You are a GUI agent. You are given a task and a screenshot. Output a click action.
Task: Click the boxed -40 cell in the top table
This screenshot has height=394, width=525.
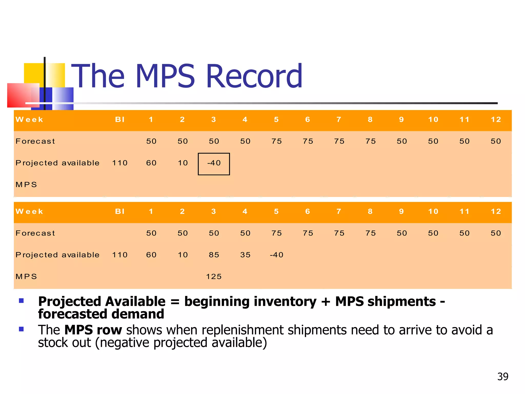[x=214, y=163]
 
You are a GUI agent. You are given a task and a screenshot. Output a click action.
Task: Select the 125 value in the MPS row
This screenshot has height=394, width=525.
[x=214, y=277]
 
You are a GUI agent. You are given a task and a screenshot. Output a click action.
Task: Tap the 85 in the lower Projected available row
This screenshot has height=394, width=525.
[x=214, y=255]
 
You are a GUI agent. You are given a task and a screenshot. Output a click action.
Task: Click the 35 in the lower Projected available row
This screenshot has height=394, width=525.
[x=245, y=255]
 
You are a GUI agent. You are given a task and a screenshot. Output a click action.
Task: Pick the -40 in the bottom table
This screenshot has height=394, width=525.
[x=276, y=255]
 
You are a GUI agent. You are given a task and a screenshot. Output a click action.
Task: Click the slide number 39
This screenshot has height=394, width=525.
[x=503, y=377]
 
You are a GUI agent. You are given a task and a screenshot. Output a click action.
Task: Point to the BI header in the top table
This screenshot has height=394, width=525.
[x=120, y=120]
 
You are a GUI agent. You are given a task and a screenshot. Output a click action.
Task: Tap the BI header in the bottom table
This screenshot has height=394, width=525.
[x=120, y=211]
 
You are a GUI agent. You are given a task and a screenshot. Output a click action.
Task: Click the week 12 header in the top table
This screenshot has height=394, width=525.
[x=496, y=120]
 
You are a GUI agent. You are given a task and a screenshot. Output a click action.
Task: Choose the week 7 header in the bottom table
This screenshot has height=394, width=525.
[x=339, y=211]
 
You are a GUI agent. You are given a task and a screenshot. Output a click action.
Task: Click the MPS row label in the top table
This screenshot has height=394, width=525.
[x=26, y=185]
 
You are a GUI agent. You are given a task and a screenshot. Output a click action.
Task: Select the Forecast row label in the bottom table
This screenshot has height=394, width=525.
[x=35, y=233]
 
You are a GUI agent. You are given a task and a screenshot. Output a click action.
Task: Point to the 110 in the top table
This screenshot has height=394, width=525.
[x=120, y=163]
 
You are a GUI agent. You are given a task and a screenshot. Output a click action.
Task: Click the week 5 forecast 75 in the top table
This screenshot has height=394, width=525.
[x=277, y=141]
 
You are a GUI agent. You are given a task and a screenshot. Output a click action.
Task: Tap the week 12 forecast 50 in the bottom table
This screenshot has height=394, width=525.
[x=496, y=233]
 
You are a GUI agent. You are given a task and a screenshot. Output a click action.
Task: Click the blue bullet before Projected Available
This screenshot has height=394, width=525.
[x=21, y=301]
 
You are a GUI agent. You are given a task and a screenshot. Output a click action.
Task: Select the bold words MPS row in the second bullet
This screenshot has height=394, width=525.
[x=93, y=330]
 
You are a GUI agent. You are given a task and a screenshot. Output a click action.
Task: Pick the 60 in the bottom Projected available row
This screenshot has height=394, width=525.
[x=151, y=255]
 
